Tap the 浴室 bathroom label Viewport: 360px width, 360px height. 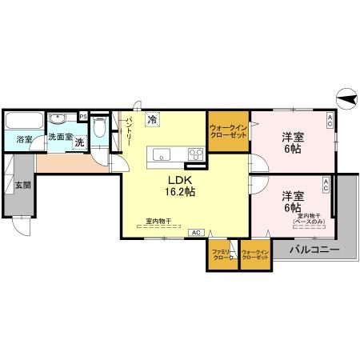click(25, 139)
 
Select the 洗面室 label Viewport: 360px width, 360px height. click(60, 137)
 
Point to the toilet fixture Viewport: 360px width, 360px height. click(99, 128)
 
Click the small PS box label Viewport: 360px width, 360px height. click(83, 116)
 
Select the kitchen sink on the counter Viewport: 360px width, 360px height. click(157, 154)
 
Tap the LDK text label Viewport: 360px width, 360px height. click(178, 179)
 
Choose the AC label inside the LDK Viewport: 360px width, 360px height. click(195, 232)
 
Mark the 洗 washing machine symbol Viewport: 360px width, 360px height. click(79, 143)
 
